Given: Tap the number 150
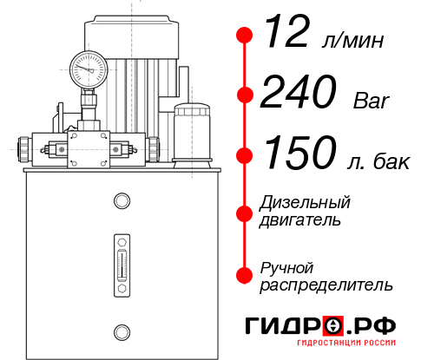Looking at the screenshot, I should click(299, 154).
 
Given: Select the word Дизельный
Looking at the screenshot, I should click(306, 203).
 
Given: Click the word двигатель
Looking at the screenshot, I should click(299, 220).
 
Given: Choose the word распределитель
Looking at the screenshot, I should click(326, 285).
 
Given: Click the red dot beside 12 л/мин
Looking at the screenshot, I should click(245, 36).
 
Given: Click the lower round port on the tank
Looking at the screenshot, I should click(121, 330).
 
